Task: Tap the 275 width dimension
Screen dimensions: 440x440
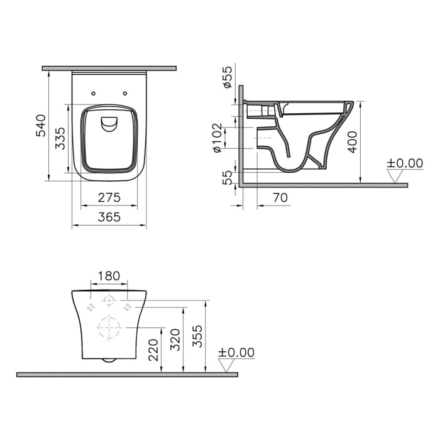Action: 109,197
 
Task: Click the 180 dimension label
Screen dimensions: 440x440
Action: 109,275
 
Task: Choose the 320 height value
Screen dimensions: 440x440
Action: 176,339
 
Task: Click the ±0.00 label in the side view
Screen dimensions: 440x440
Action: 404,163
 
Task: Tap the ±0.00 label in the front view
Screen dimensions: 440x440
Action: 236,352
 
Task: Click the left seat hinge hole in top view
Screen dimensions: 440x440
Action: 93,93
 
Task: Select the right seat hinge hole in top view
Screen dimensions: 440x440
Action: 126,93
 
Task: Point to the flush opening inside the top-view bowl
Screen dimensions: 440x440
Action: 109,124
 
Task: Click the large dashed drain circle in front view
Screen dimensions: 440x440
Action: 109,329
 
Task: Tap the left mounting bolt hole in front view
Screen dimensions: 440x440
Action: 91,307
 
